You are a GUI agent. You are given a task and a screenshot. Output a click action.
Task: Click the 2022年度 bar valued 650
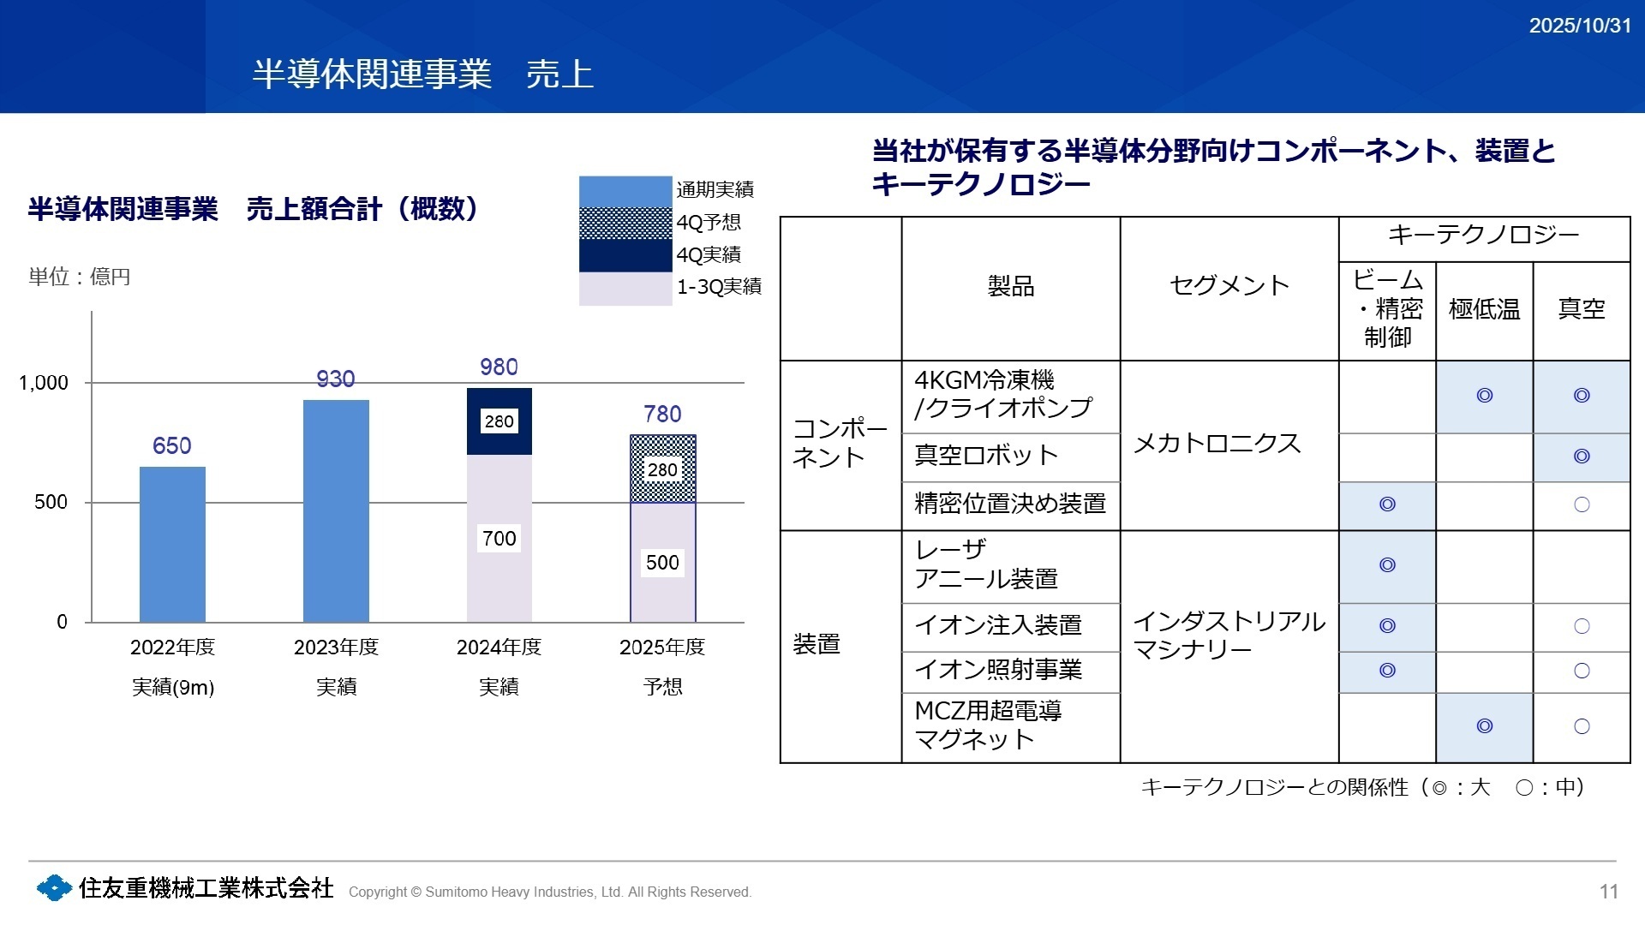(172, 544)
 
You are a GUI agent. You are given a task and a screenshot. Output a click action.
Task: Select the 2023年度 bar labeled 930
(336, 510)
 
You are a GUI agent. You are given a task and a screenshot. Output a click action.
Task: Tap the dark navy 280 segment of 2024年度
(499, 421)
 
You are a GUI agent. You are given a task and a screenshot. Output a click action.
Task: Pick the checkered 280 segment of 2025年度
(662, 469)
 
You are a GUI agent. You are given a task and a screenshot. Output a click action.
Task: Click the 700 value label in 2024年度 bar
(499, 539)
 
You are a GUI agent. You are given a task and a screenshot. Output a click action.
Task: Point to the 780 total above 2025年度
(662, 415)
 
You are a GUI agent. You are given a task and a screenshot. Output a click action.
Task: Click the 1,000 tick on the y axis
(44, 383)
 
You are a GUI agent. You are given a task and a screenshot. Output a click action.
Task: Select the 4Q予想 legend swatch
(625, 223)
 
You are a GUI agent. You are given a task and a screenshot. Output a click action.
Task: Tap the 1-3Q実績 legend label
(719, 287)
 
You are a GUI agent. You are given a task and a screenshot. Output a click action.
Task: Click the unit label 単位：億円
(80, 277)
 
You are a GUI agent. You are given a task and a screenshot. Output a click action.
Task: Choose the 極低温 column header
(1484, 309)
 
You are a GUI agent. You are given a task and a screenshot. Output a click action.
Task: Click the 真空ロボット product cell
(985, 456)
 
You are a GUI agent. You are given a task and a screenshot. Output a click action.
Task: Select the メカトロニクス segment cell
(1217, 444)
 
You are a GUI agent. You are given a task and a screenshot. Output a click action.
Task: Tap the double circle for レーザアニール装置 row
(1387, 565)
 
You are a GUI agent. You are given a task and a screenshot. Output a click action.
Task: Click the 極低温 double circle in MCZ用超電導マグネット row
(1484, 726)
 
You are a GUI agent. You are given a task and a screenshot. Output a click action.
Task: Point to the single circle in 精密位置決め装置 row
(1582, 504)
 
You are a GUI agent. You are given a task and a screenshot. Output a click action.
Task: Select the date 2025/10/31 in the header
(1580, 26)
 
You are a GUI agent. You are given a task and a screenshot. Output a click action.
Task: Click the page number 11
(1608, 892)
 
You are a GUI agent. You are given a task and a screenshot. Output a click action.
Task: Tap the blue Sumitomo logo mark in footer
(54, 888)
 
